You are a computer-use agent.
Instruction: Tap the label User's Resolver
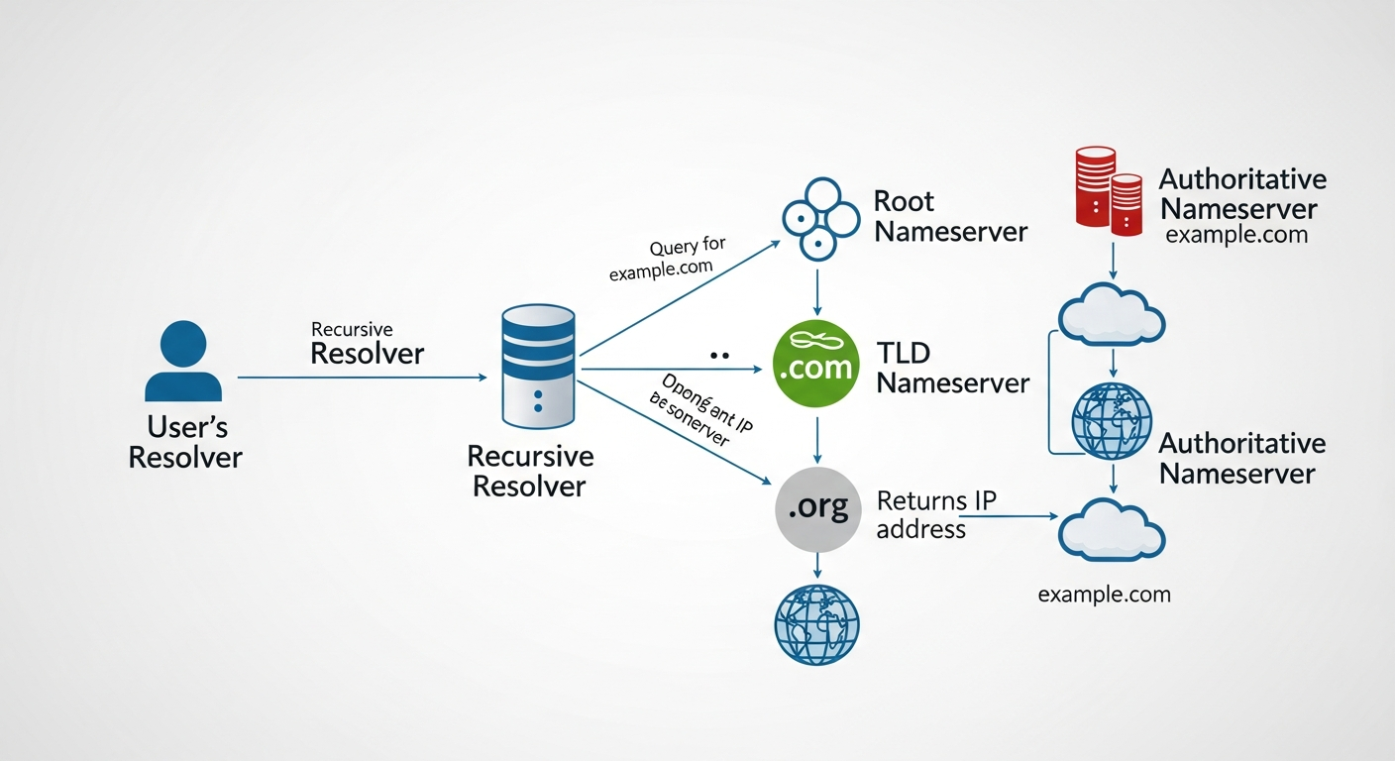click(186, 442)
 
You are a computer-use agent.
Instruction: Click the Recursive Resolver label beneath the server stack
click(530, 472)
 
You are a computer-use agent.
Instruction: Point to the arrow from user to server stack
click(362, 378)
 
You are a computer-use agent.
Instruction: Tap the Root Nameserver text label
click(949, 216)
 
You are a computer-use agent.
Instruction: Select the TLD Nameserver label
click(952, 368)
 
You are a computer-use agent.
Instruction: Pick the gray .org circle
click(816, 509)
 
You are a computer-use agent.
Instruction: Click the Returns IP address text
click(934, 514)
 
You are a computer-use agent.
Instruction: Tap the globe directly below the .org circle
click(816, 623)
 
